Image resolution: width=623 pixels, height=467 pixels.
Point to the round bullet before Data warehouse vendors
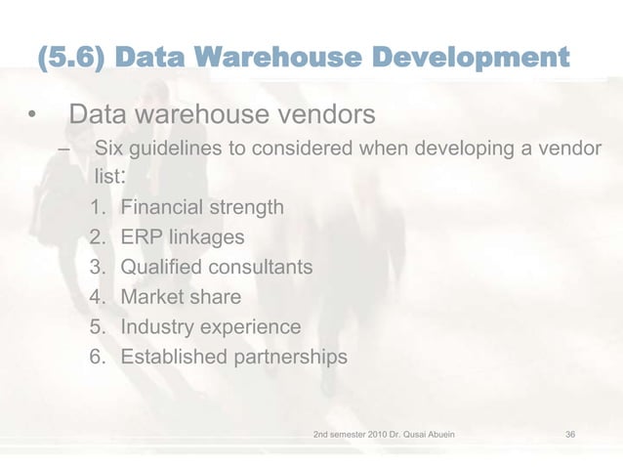32,117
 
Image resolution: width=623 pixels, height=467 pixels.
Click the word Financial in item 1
160,207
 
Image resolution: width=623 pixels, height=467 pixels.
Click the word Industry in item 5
156,326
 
